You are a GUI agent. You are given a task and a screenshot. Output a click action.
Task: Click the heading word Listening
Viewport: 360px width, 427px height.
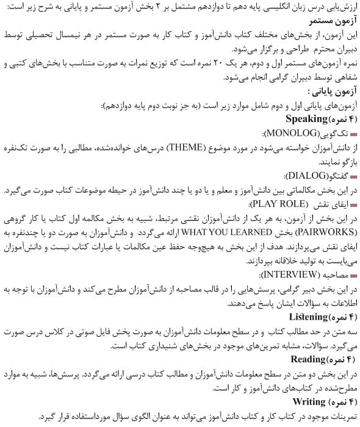click(311, 317)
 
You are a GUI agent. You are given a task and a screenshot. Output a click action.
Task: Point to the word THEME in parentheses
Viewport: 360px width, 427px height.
click(186, 147)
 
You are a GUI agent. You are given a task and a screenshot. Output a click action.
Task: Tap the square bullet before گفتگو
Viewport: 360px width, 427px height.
click(355, 176)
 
